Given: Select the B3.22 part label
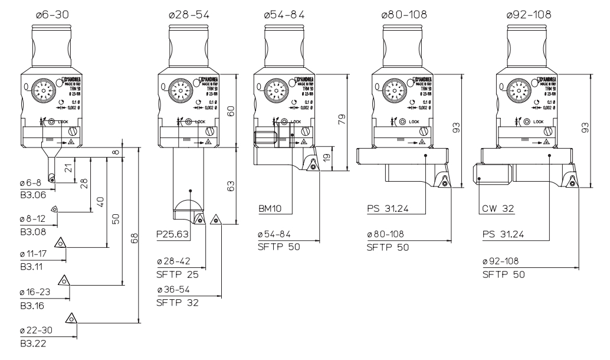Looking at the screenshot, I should (x=29, y=342).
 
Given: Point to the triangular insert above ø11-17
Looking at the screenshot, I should (x=60, y=243).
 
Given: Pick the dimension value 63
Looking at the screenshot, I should (x=232, y=185).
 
